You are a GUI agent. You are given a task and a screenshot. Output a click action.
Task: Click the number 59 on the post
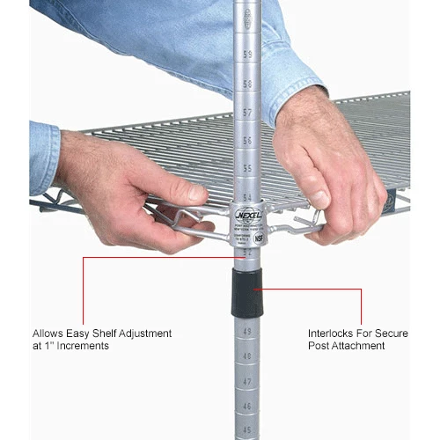click(247, 55)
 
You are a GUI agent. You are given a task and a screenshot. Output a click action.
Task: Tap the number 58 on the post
click(247, 84)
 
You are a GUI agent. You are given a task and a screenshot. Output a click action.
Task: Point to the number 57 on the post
click(247, 113)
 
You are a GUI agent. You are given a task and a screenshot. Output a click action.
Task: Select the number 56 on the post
click(247, 141)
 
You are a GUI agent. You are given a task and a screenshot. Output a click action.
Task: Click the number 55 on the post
click(247, 168)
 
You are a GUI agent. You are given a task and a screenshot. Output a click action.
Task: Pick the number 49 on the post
click(246, 331)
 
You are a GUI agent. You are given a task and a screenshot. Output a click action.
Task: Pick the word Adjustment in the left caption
click(144, 334)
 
